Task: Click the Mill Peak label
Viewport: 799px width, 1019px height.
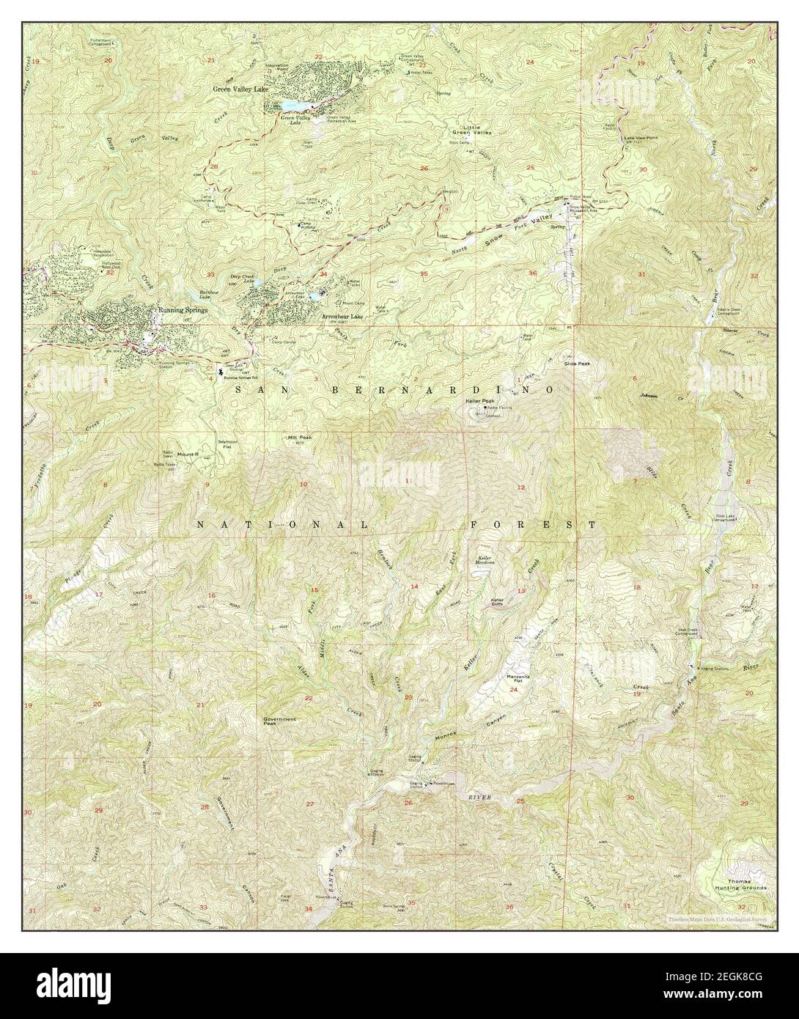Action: (x=300, y=438)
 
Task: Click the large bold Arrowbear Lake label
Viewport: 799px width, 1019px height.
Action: (x=342, y=317)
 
